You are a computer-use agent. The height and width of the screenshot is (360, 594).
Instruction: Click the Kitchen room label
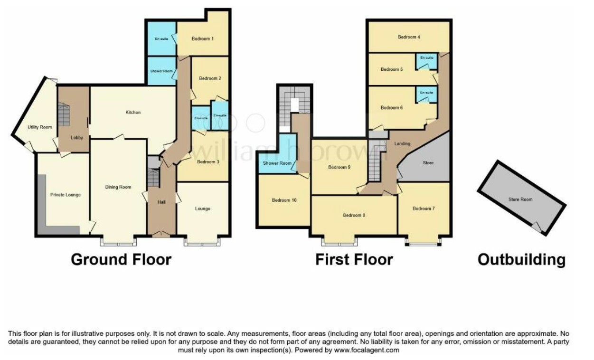[133, 113]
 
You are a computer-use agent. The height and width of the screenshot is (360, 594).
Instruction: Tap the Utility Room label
[39, 127]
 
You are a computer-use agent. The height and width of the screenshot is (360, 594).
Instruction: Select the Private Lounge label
[66, 195]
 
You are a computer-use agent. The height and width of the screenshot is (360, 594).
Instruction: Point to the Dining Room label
[118, 187]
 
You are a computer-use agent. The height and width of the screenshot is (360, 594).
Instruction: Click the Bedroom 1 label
[202, 39]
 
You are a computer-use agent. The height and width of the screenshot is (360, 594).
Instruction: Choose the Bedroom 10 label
[284, 200]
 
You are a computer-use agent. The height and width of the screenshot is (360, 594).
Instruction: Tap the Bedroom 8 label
[354, 215]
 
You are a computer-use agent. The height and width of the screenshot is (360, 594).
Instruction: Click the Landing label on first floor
[402, 144]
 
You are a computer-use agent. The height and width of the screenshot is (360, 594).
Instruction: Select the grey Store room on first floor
[428, 163]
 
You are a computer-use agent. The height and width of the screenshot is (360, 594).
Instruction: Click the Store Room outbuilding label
[520, 199]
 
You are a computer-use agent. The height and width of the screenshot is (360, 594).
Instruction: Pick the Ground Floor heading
[121, 260]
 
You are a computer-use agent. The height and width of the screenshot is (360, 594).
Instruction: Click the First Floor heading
[354, 260]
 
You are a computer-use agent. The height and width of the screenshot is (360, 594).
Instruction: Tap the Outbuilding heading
[521, 260]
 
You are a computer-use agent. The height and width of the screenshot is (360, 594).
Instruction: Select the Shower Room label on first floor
[277, 163]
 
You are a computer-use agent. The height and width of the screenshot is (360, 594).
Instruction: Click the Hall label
[161, 202]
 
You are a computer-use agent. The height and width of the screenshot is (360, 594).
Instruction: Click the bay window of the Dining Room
[118, 244]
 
